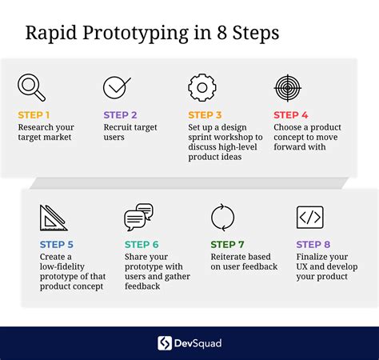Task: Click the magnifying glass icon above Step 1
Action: pyautogui.click(x=31, y=87)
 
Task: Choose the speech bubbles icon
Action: pyautogui.click(x=138, y=217)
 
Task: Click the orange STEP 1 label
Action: pyautogui.click(x=34, y=115)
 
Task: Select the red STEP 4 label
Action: pyautogui.click(x=291, y=115)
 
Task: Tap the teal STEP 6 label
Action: pyautogui.click(x=142, y=245)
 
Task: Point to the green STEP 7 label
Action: pyautogui.click(x=227, y=245)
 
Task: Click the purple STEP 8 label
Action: pyautogui.click(x=313, y=245)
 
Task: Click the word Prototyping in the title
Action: pyautogui.click(x=135, y=34)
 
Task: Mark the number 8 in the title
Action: pyautogui.click(x=222, y=33)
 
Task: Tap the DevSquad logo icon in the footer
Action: pyautogui.click(x=165, y=343)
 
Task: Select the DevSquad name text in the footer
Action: pyautogui.click(x=197, y=343)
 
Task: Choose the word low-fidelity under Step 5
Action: pyautogui.click(x=62, y=266)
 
